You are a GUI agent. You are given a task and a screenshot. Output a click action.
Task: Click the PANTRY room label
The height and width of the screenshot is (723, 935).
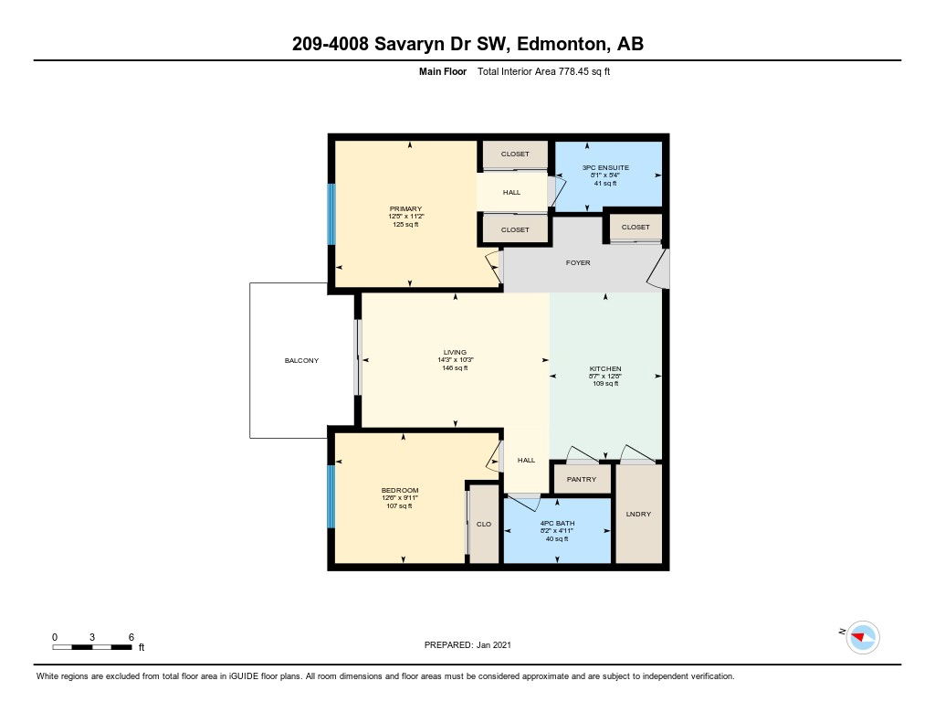582,480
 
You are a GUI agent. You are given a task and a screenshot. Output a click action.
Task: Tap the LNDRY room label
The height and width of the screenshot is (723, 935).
638,514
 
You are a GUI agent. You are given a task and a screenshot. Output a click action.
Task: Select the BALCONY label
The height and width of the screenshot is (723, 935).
301,361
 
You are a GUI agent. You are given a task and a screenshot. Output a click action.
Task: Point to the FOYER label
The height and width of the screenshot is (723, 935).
578,262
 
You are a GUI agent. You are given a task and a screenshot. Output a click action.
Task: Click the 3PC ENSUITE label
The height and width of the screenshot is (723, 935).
606,168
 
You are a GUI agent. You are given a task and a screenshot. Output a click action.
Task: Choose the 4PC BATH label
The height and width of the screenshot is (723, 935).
557,523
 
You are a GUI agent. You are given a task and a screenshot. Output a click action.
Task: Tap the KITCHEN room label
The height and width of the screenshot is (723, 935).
605,369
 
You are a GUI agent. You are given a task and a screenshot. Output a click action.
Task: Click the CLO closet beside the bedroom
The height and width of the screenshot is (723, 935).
484,524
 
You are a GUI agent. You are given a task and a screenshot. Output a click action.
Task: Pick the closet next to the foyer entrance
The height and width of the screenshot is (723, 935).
636,227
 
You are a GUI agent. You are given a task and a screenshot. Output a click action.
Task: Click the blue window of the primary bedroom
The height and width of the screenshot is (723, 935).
331,214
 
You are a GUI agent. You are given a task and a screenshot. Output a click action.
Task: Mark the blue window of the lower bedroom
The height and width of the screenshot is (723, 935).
331,496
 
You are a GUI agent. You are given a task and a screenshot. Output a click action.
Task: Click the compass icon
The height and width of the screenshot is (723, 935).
862,637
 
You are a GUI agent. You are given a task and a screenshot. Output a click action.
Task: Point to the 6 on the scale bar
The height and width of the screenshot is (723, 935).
131,637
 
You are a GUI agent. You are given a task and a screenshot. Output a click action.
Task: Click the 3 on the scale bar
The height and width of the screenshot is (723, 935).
92,637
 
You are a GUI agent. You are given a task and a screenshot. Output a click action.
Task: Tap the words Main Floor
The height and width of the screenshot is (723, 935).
443,71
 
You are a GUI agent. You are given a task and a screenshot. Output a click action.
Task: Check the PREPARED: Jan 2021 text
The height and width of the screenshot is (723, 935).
467,644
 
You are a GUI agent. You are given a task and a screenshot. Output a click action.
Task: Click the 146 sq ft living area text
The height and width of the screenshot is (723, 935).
455,368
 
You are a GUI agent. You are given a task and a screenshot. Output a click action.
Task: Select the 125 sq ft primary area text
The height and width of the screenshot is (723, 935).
405,225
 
